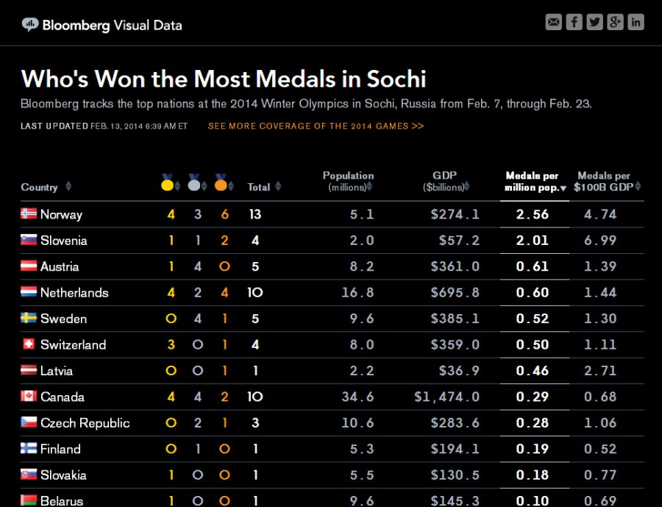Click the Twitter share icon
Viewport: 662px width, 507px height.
[594, 22]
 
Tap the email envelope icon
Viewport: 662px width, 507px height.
[553, 22]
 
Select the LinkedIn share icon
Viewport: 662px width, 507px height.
[636, 22]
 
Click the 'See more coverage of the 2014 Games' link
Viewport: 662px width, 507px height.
[316, 126]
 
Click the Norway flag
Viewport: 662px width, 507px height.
[29, 214]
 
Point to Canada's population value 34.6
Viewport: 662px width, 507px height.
[357, 397]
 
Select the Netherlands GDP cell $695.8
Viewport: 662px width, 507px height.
[455, 292]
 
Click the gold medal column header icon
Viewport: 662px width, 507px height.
[168, 183]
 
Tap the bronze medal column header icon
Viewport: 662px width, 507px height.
[221, 183]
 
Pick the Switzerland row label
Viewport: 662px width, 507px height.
[73, 344]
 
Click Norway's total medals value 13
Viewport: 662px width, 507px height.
[255, 214]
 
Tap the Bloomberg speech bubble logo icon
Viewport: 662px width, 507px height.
[29, 24]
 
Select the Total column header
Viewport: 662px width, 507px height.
[259, 187]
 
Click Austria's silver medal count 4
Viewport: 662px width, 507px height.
[197, 266]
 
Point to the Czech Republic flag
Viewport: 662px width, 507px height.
[29, 422]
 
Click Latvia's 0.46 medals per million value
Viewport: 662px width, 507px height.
[533, 371]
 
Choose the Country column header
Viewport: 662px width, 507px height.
[40, 187]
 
